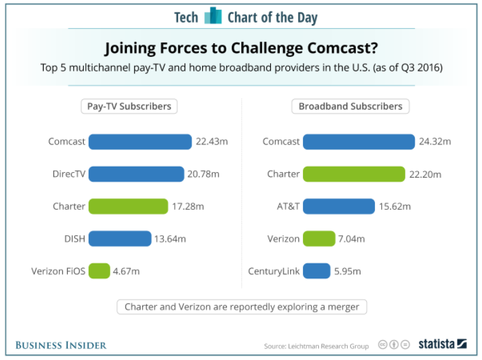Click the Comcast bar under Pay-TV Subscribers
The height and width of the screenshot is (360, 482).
140,142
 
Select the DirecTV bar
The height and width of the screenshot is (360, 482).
136,174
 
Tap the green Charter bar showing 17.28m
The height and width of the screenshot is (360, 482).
128,206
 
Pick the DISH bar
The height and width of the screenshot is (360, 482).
120,239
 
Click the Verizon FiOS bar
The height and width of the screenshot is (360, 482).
99,271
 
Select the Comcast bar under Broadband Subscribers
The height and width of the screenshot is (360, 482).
359,142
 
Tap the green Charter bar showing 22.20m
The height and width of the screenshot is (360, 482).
354,174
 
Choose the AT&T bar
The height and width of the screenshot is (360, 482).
339,206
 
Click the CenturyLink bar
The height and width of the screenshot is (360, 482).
317,271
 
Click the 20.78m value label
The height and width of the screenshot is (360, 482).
203,174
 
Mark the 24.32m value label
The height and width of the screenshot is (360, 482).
435,142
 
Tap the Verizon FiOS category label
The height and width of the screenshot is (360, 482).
58,271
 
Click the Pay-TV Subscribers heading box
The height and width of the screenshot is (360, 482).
129,106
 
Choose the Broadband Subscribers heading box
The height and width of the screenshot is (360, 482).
350,106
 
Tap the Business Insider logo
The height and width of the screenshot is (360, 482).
61,344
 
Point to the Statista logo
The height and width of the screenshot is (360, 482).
443,344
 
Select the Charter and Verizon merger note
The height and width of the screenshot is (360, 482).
241,307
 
